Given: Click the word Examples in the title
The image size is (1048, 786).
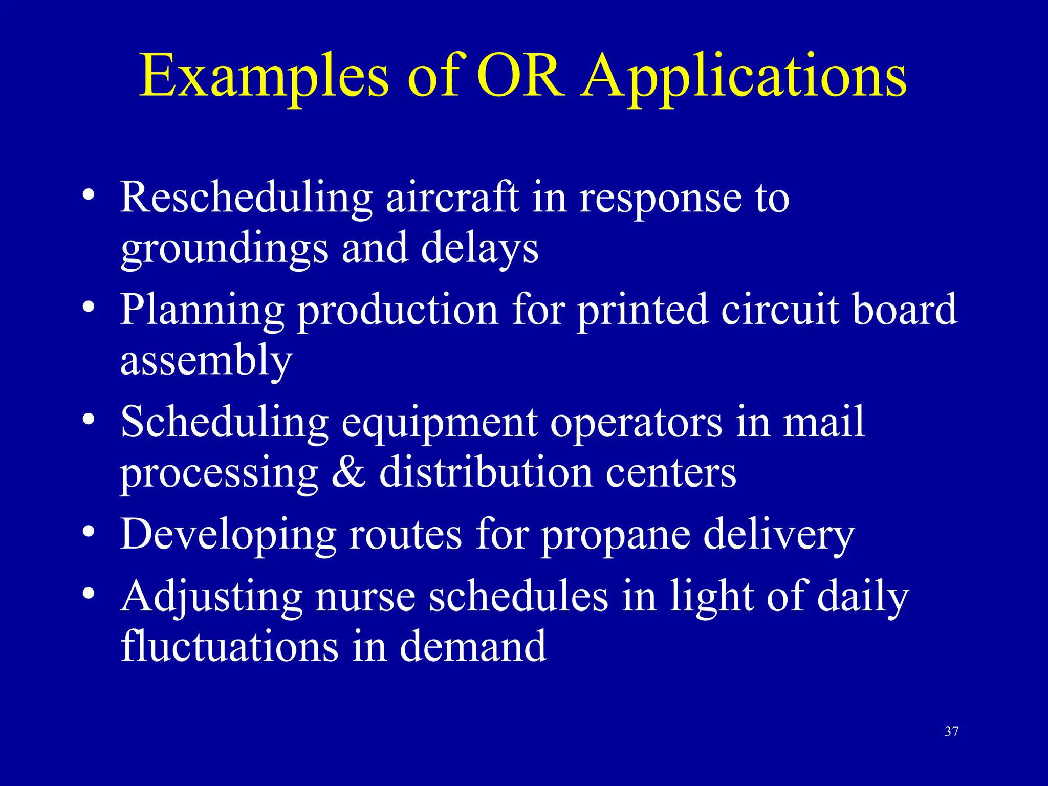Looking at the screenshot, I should click(264, 77).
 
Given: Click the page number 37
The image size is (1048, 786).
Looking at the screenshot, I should click(951, 732).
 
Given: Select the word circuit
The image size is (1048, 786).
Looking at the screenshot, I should click(780, 310).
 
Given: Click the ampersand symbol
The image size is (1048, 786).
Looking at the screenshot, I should click(348, 472).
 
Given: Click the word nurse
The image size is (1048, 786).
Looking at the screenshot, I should click(365, 597).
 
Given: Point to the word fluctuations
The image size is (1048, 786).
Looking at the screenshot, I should click(229, 647).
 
